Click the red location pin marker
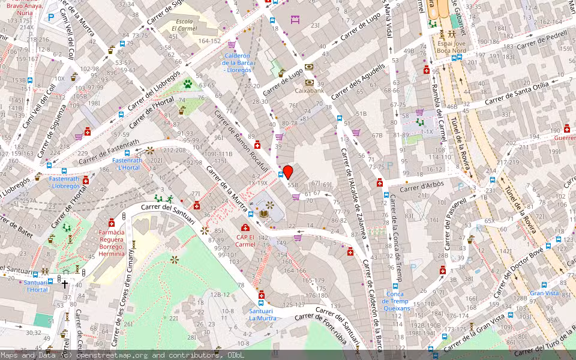288,172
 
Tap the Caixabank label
309,91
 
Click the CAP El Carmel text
245,241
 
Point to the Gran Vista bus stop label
544,294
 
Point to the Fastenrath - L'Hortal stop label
127,164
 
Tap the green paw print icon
188,83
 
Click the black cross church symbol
65,284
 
